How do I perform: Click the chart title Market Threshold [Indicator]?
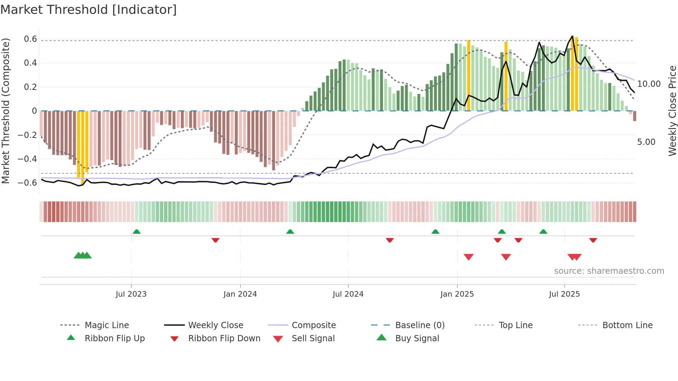point(89,10)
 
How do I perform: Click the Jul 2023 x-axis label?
point(131,294)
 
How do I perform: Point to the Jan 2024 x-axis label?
point(240,294)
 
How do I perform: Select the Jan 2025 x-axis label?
point(457,294)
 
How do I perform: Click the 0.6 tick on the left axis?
point(30,39)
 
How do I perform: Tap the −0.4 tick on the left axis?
point(27,159)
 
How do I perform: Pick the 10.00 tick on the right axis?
point(649,84)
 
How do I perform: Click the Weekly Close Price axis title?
point(672,111)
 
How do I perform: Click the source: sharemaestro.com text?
point(609,271)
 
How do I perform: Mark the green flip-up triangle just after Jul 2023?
point(137,232)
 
